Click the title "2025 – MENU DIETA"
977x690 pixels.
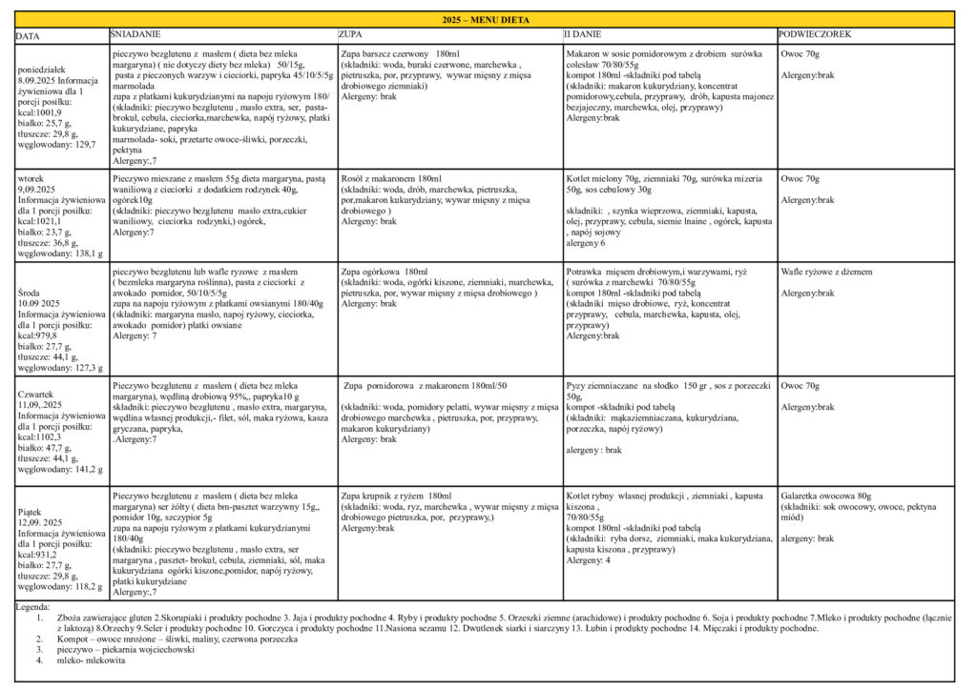point(487,19)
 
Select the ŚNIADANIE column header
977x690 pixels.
point(134,34)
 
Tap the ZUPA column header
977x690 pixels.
point(349,34)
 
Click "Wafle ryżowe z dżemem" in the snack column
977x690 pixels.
point(826,272)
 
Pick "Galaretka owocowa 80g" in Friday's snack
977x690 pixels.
point(826,497)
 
